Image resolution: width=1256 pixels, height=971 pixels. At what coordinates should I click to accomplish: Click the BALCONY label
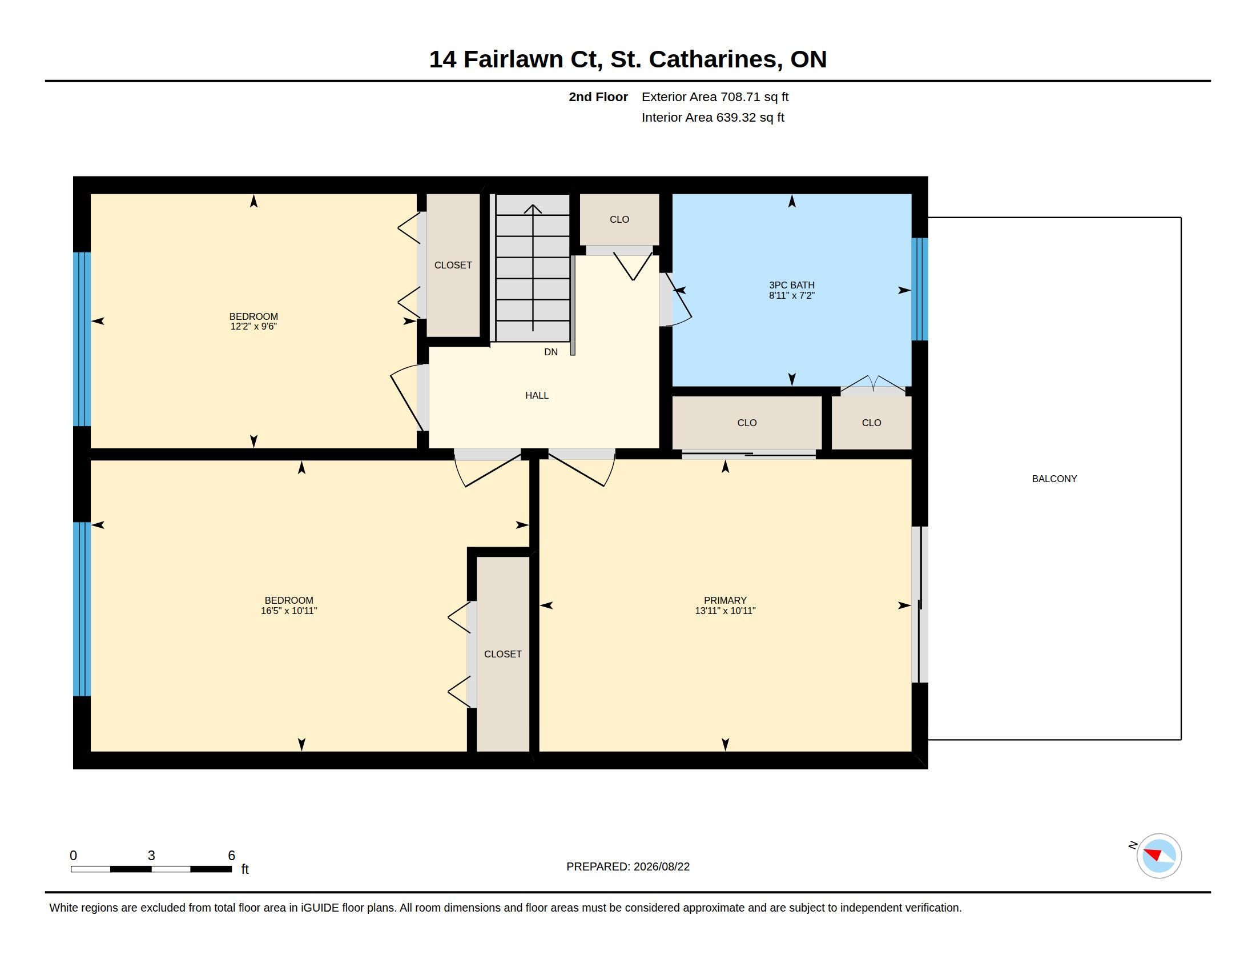click(1054, 479)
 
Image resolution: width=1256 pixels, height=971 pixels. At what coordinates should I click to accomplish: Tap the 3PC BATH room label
click(791, 285)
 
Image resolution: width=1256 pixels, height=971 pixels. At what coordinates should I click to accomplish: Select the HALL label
click(537, 395)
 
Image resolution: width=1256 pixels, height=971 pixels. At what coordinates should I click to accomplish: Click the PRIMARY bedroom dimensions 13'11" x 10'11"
click(724, 611)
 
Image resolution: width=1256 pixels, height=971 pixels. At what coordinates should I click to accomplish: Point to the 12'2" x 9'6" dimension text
click(253, 326)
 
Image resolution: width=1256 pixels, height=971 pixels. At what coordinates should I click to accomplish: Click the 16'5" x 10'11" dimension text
click(289, 611)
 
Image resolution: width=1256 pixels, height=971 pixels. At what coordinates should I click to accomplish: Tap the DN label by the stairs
click(551, 352)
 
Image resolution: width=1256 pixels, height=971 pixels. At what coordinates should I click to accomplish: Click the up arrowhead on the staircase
click(533, 209)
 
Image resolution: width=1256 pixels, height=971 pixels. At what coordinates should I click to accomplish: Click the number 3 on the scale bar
click(151, 856)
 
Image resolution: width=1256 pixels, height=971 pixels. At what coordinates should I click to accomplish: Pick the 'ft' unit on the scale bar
click(245, 869)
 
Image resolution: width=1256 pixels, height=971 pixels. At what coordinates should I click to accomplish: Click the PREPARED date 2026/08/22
click(661, 866)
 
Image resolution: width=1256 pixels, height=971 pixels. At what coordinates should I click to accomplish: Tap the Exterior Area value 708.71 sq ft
click(755, 97)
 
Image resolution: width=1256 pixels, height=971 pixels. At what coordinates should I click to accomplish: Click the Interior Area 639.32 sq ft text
click(712, 117)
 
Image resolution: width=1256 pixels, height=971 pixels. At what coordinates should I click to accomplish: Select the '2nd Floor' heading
click(598, 97)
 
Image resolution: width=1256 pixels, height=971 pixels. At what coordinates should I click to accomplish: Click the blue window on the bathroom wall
click(920, 290)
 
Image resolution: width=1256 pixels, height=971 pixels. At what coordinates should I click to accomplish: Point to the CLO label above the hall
click(619, 219)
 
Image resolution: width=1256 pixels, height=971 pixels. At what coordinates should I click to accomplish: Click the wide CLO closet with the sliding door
click(747, 423)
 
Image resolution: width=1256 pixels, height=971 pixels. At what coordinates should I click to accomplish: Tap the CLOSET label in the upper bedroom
click(453, 265)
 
